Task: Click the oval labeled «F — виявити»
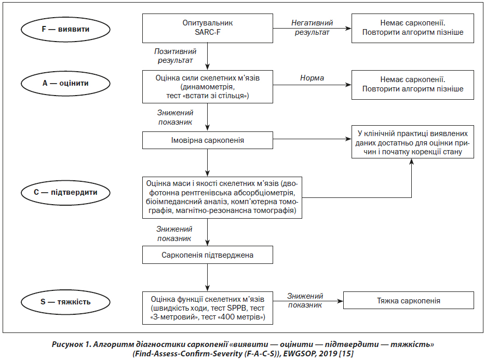coord(65,30)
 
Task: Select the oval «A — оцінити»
coord(65,83)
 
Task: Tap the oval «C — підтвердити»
coord(65,193)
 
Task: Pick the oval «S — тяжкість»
coord(65,302)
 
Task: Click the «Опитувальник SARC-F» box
coord(208,28)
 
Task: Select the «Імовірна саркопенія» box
coord(208,140)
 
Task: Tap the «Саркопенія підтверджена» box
coord(208,255)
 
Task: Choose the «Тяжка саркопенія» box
coord(409,300)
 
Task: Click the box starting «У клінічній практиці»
coord(413,142)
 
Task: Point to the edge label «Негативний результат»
coord(312,28)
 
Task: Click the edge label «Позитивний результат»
coord(176,56)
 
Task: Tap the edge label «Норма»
coord(312,78)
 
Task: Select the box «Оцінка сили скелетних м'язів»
coord(208,87)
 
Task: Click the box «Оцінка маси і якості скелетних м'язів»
coord(222,197)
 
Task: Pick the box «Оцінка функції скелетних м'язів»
coord(208,308)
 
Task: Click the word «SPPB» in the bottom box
coord(237,308)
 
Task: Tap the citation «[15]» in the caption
coord(346,353)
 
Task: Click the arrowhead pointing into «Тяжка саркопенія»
coord(340,301)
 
